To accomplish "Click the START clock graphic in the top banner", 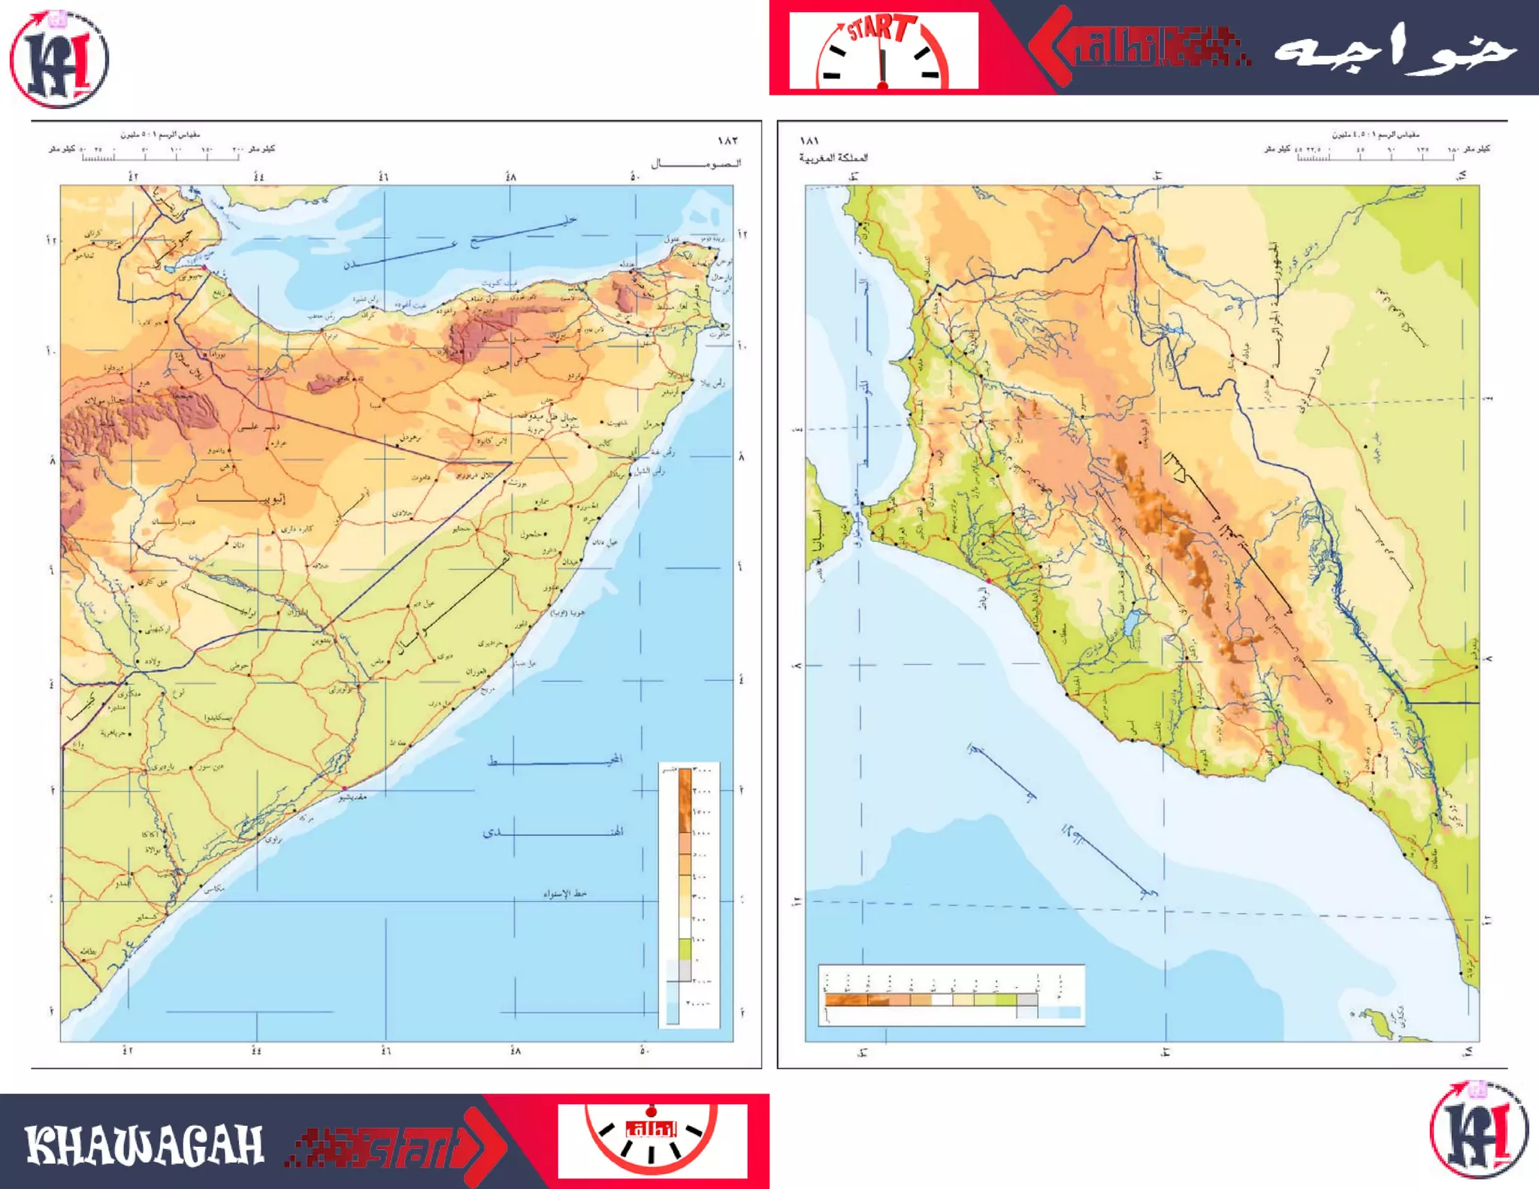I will click(x=883, y=51).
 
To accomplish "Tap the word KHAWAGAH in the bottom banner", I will click(x=144, y=1145).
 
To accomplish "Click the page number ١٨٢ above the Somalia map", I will click(x=727, y=141).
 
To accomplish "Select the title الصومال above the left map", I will click(x=696, y=163).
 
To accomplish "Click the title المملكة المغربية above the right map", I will click(x=833, y=158).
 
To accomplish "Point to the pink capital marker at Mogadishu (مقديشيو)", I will click(x=344, y=788).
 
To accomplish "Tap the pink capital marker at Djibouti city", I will click(x=204, y=268).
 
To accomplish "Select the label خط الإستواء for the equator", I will click(x=565, y=894).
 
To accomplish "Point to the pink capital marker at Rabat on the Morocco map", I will click(x=989, y=581).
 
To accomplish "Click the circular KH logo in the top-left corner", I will click(x=59, y=59).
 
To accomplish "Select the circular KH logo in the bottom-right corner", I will click(x=1478, y=1129).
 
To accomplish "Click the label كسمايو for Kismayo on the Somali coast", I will click(x=147, y=918).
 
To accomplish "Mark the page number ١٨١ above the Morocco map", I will click(x=809, y=141).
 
